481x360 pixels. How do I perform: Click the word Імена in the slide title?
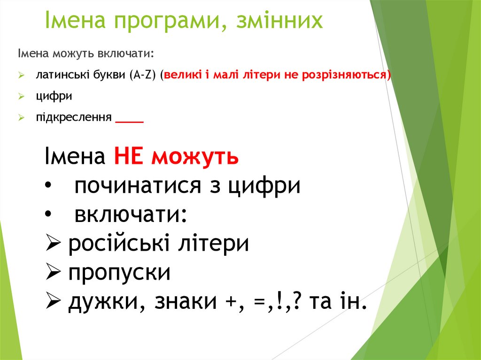[75, 21]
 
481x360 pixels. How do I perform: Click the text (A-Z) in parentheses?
[144, 75]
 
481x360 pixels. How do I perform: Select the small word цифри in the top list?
[54, 96]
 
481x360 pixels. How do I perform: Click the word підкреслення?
[74, 117]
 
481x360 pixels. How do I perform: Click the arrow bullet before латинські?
[22, 75]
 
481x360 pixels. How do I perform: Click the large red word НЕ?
[128, 157]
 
